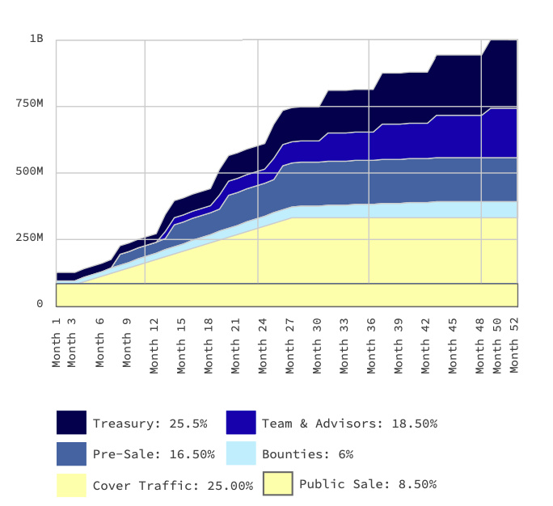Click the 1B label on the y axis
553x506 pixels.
(x=36, y=38)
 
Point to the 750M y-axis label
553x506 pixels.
(x=30, y=103)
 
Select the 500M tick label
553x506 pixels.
(x=30, y=171)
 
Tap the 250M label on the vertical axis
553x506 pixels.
(x=30, y=238)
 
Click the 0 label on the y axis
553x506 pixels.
(x=40, y=303)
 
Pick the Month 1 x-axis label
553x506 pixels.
(x=57, y=339)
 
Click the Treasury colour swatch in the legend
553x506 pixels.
(x=71, y=423)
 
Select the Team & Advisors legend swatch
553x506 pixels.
(x=241, y=423)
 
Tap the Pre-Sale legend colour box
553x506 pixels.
(x=71, y=453)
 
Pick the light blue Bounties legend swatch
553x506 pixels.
(x=241, y=453)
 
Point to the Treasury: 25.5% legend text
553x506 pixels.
(x=150, y=423)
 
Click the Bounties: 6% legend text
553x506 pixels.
(x=307, y=453)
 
